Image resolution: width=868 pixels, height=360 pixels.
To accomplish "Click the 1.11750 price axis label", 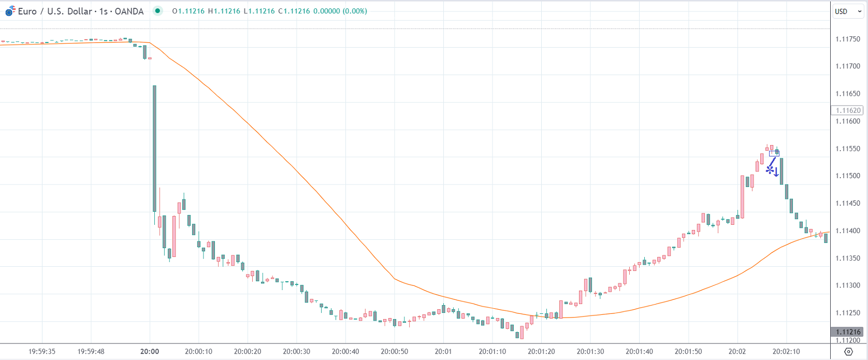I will (x=847, y=39).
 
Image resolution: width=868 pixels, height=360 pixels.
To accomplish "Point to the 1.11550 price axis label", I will (x=847, y=149).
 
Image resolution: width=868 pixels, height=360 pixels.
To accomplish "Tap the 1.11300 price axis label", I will (x=847, y=285).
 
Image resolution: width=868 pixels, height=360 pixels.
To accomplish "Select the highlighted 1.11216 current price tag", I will (x=847, y=332).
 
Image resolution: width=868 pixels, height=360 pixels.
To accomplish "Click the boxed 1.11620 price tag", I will (x=847, y=110).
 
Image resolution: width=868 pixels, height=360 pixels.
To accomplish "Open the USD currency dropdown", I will (x=847, y=11).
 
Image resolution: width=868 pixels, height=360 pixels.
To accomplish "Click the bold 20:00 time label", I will (x=150, y=352).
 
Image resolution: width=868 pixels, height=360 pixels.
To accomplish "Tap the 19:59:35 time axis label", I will (x=42, y=352).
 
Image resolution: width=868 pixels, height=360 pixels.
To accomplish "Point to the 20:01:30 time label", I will (x=590, y=352).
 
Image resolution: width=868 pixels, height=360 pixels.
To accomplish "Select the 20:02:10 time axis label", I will (x=786, y=352).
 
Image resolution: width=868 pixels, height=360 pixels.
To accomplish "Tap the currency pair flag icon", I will (x=10, y=11).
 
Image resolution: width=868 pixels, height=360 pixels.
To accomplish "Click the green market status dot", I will (x=157, y=11).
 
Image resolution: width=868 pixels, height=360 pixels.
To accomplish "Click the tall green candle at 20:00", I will (x=154, y=148).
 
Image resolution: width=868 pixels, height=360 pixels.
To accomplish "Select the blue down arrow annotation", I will (x=776, y=172).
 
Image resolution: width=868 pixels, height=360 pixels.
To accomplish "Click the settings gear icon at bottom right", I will (x=848, y=352).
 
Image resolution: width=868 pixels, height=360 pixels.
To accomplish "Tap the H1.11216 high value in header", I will (x=224, y=11).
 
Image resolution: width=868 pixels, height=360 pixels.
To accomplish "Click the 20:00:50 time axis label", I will (x=395, y=352).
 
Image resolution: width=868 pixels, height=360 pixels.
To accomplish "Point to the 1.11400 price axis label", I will (x=847, y=231).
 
